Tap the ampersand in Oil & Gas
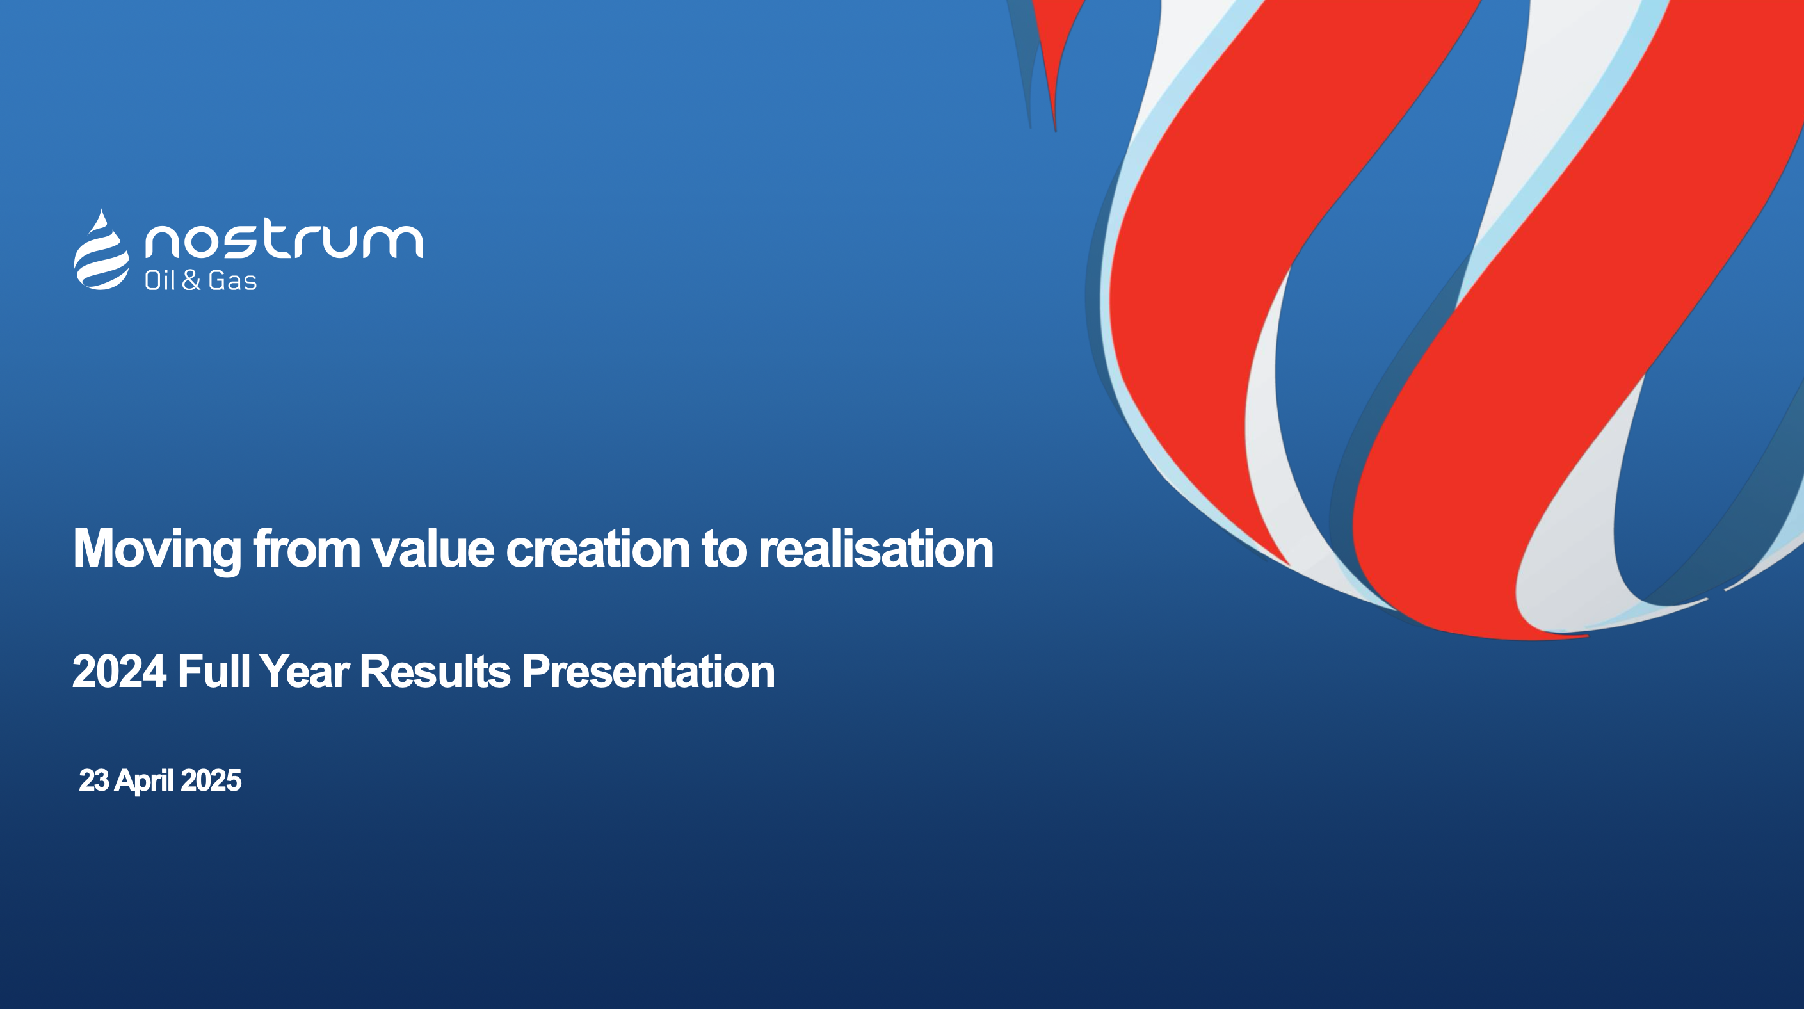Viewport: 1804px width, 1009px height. (191, 281)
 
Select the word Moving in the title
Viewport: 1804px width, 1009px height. (157, 551)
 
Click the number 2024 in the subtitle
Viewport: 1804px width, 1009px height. (119, 672)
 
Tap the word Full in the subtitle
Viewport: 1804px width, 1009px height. (214, 672)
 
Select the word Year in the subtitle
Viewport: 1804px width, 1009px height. (305, 672)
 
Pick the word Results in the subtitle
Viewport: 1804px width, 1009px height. (435, 672)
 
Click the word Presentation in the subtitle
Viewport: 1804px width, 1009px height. (648, 672)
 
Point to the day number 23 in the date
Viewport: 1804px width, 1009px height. (94, 780)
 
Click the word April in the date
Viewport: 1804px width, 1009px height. (144, 782)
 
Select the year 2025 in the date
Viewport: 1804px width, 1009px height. (211, 780)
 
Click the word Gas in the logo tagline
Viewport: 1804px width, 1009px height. (232, 281)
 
